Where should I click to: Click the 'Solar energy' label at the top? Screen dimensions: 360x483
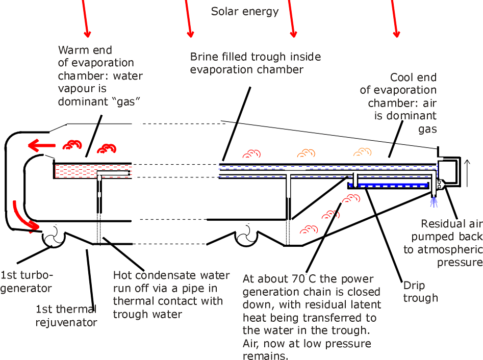(245, 11)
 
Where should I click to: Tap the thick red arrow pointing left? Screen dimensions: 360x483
(41, 146)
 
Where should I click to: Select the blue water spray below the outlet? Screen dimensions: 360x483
(434, 202)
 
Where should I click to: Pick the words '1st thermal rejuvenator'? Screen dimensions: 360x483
(66, 316)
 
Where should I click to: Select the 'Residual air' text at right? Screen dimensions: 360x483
(451, 224)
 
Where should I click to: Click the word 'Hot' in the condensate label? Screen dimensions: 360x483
(123, 276)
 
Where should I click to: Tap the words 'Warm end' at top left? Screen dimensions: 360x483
(85, 50)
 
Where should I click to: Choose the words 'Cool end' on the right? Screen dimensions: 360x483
(413, 78)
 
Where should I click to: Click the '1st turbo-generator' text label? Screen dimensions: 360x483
(26, 281)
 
